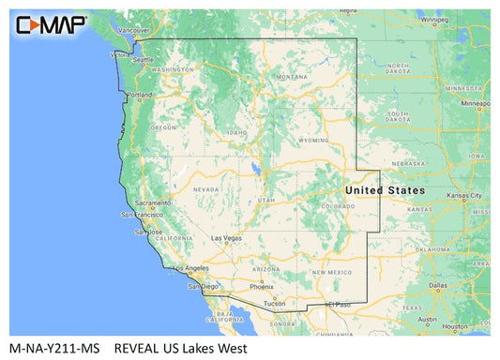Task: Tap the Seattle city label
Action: coord(144,59)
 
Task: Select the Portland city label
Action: coord(140,95)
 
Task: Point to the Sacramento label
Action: coord(152,202)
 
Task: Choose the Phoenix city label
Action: coord(262,286)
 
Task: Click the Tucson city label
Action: coord(275,304)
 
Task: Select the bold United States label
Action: coord(385,190)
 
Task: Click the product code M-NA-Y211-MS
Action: coord(53,346)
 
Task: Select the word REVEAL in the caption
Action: coord(137,346)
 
